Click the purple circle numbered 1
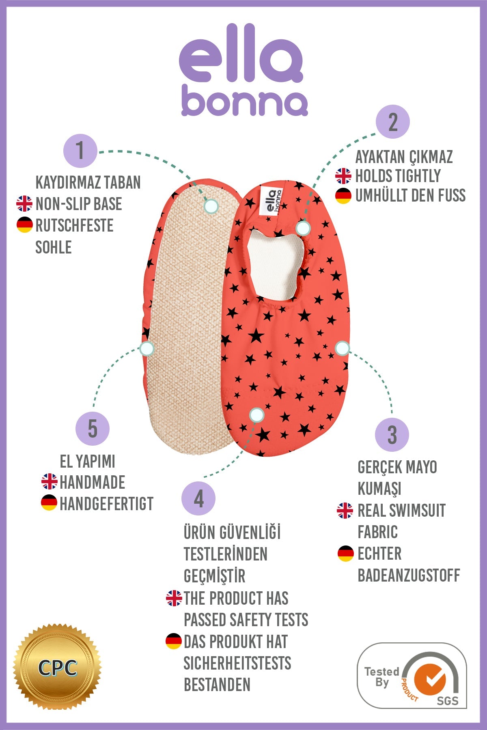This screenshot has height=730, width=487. [x=80, y=151]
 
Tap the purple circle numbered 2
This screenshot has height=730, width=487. [x=392, y=122]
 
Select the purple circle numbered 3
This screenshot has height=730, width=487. [x=392, y=435]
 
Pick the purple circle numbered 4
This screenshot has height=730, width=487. [x=198, y=498]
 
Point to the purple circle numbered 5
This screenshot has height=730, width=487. [x=93, y=429]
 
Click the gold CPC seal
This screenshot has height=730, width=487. [x=58, y=667]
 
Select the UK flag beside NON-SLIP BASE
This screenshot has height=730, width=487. [x=24, y=204]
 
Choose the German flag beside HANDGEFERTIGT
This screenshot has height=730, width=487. [x=49, y=503]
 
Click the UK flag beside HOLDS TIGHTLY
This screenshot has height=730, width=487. [x=343, y=176]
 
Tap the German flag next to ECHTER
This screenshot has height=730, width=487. [x=346, y=554]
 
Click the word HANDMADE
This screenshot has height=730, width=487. [x=92, y=482]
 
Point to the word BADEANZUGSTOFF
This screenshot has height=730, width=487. [x=408, y=575]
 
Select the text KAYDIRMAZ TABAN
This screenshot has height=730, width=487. [x=88, y=182]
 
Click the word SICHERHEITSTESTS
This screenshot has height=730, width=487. [x=237, y=663]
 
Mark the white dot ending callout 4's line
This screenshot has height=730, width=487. [x=256, y=414]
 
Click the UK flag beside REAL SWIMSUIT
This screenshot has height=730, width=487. [x=345, y=511]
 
